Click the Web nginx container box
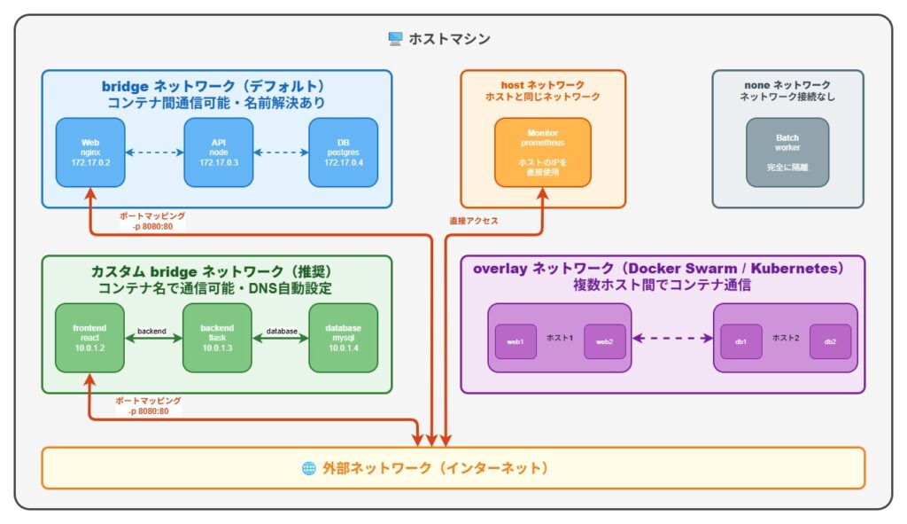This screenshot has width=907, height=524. (x=90, y=152)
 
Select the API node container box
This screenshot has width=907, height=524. (x=218, y=152)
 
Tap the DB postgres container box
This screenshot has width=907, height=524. (x=344, y=152)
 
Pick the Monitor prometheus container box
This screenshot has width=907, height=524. (x=542, y=152)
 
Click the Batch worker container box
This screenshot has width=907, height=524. (x=787, y=152)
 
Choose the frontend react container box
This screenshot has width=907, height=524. (x=90, y=338)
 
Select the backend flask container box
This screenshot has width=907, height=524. (x=218, y=338)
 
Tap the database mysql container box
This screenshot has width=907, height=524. (x=344, y=338)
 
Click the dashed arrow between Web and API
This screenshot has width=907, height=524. (x=154, y=152)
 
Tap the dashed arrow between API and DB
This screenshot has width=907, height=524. (x=281, y=152)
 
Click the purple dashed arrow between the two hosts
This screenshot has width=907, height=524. (x=672, y=338)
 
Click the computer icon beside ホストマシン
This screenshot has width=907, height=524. (x=395, y=39)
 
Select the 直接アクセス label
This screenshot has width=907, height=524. (x=475, y=221)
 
